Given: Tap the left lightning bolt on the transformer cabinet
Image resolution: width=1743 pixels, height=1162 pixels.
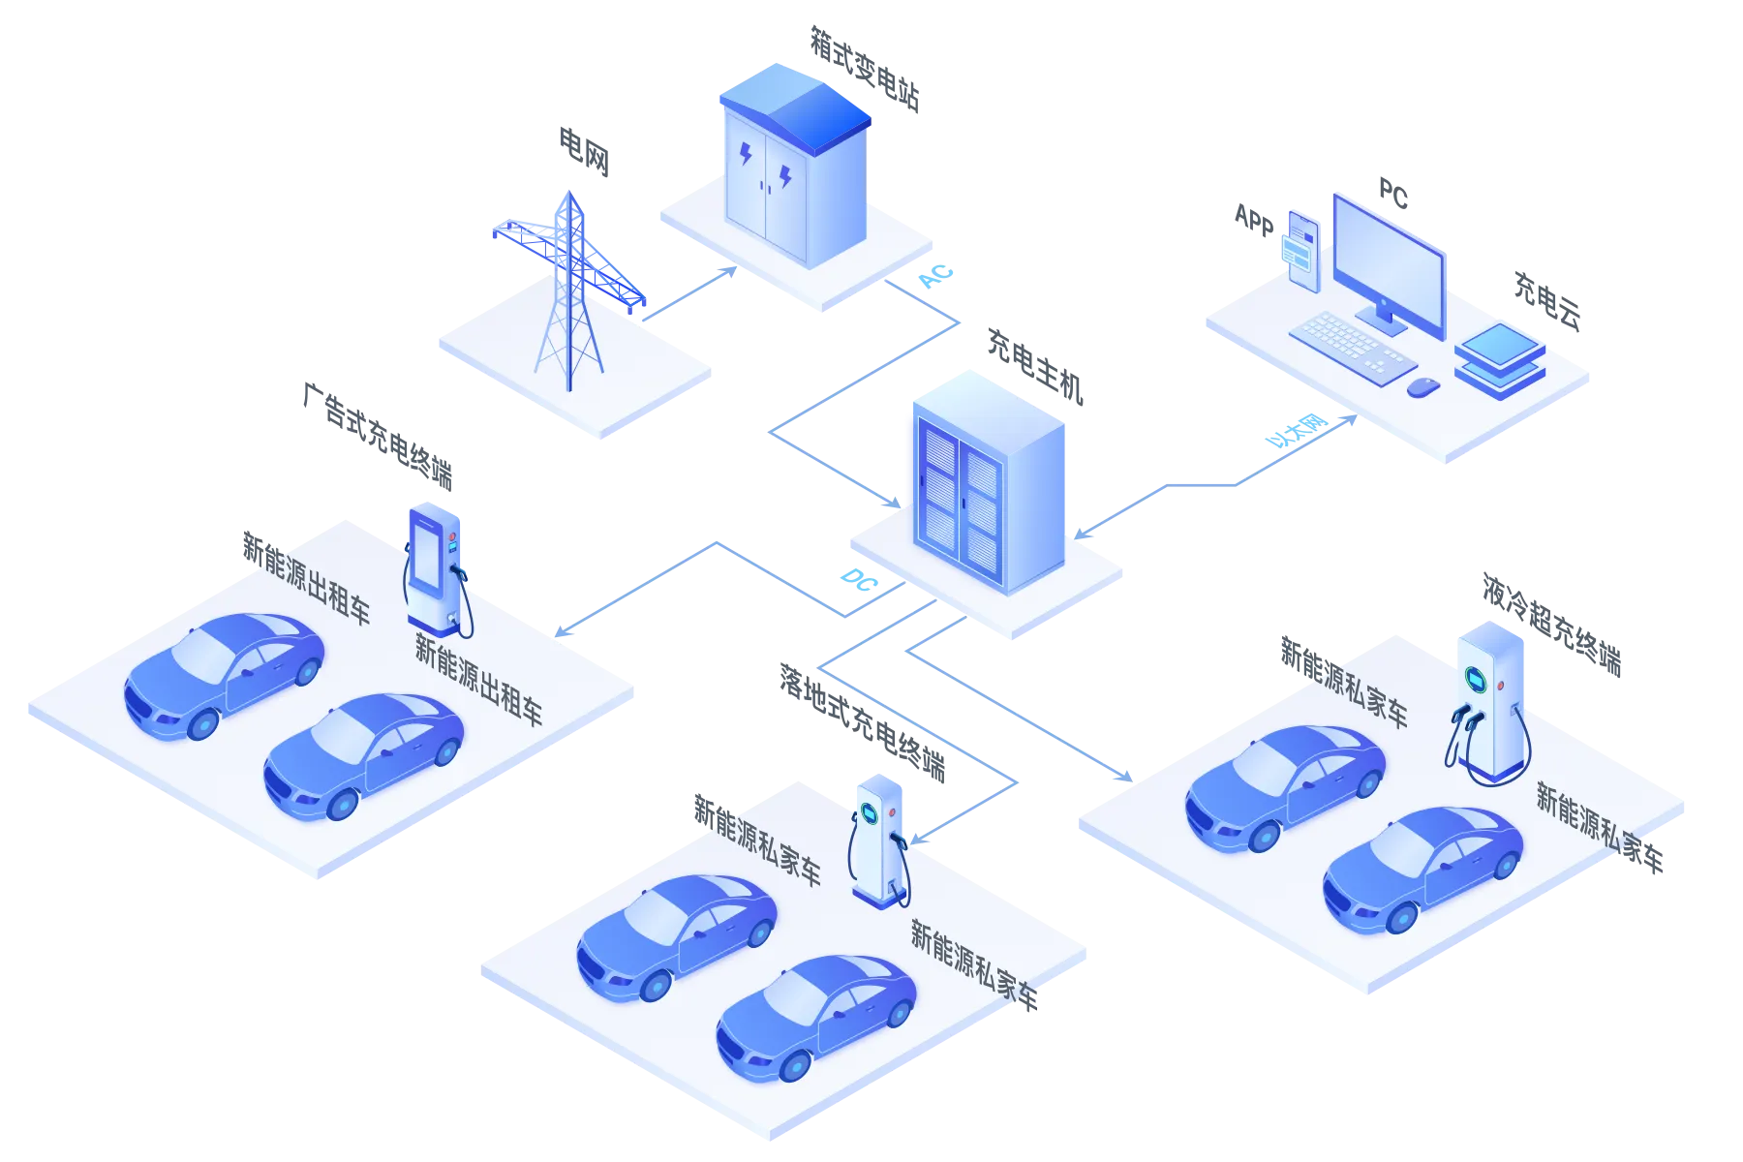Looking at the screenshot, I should tap(746, 152).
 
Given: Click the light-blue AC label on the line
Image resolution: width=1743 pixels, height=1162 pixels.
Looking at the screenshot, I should tap(936, 276).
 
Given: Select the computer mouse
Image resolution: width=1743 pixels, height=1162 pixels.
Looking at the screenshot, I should tap(1422, 386).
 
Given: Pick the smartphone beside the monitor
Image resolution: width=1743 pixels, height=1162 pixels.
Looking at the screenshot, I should tap(1302, 246).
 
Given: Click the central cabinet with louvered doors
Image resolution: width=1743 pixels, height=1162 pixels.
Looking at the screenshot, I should tap(983, 484).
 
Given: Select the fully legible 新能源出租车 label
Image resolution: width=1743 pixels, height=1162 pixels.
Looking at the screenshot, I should tap(478, 679).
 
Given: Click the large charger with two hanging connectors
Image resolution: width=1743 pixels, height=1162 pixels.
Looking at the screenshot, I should tap(1489, 702).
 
